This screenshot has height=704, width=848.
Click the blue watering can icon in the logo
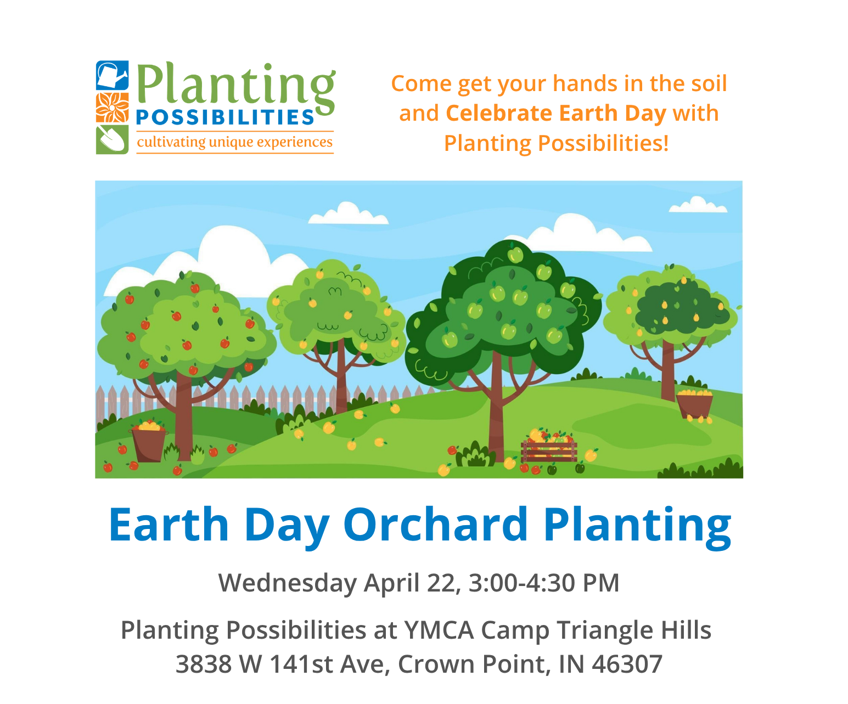tap(113, 75)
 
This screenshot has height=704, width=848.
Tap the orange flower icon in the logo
tap(113, 108)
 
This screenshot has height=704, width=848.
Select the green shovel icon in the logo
tap(113, 139)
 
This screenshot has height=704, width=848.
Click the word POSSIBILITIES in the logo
tap(225, 117)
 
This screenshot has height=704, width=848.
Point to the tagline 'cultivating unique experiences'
tap(234, 142)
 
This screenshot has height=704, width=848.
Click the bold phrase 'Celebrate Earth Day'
tap(555, 113)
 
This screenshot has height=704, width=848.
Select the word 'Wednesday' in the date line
tap(287, 583)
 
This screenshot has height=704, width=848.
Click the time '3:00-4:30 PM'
tap(544, 583)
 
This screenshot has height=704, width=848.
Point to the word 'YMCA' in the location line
tap(439, 630)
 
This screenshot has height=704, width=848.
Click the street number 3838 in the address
tap(203, 664)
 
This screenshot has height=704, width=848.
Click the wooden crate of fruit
tap(549, 450)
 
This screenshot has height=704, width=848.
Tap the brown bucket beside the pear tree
tap(694, 405)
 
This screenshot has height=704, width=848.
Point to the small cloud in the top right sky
tap(698, 206)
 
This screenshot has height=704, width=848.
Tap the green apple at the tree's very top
tap(515, 255)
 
